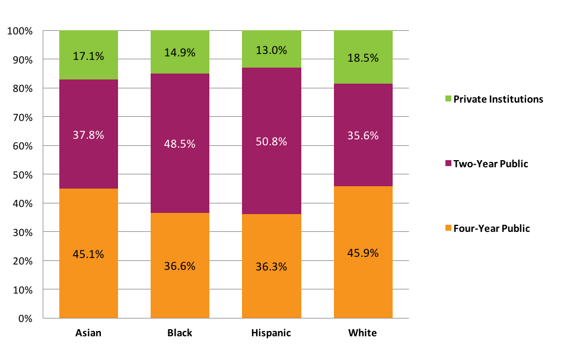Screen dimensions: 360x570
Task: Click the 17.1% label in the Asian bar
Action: pyautogui.click(x=88, y=56)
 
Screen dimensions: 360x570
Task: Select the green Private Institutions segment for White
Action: pyautogui.click(x=363, y=44)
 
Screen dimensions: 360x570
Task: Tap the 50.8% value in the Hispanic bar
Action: pyautogui.click(x=272, y=142)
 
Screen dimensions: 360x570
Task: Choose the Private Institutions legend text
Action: pyautogui.click(x=498, y=99)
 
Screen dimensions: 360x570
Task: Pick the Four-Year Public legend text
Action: pyautogui.click(x=492, y=228)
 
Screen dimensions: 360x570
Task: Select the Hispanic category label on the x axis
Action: pyautogui.click(x=272, y=333)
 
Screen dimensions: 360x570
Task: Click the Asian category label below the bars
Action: pyautogui.click(x=88, y=333)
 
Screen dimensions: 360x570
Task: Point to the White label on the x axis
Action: pyautogui.click(x=363, y=333)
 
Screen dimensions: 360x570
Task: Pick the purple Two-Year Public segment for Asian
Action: pyautogui.click(x=88, y=160)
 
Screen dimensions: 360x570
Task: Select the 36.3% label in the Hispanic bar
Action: pyautogui.click(x=272, y=266)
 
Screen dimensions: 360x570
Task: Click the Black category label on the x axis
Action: pyautogui.click(x=180, y=333)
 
